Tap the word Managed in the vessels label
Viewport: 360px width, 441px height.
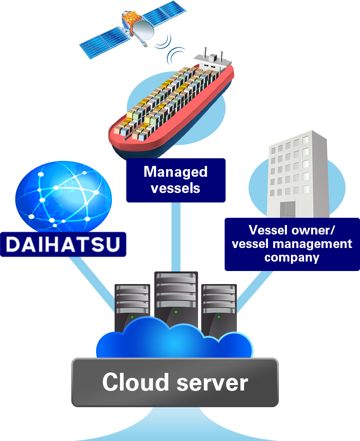[175, 172]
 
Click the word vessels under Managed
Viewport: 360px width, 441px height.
[175, 187]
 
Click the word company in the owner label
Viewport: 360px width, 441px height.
[291, 258]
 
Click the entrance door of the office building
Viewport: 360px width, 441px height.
[289, 210]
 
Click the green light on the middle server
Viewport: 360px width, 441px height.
[176, 312]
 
